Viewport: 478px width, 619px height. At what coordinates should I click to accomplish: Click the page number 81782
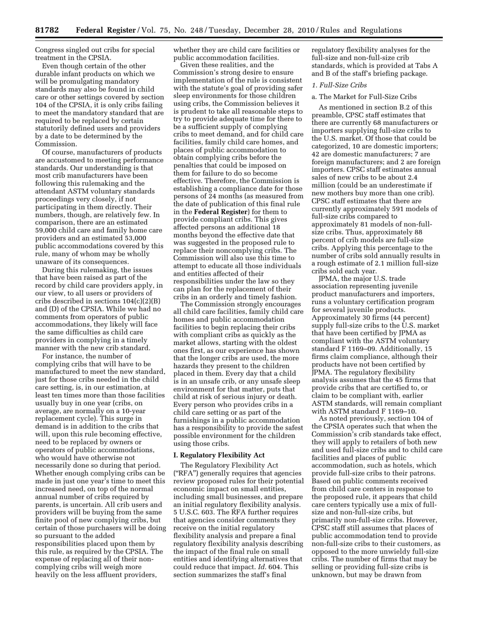pyautogui.click(x=47, y=30)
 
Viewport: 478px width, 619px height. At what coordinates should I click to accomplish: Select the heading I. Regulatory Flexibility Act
pyautogui.click(x=219, y=455)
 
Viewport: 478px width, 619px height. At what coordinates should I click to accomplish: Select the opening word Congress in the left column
pyautogui.click(x=51, y=50)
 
